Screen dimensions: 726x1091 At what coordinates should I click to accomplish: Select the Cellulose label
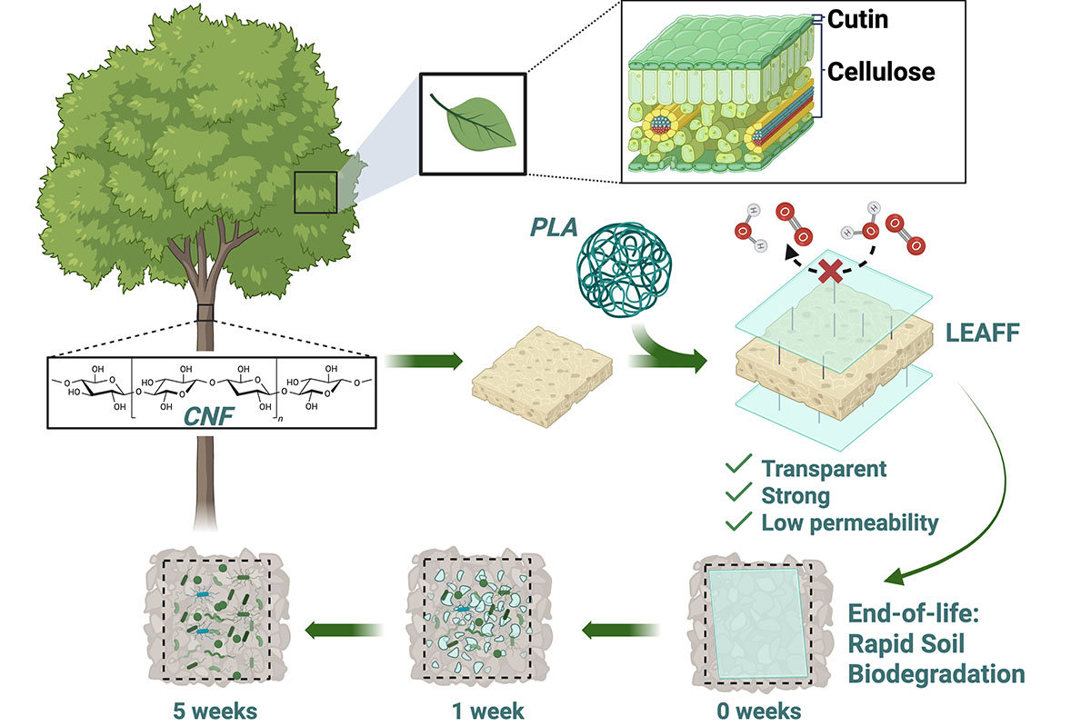881,72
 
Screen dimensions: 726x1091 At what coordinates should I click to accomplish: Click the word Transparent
823,469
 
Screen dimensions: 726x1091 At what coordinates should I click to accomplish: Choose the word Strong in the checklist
796,495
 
